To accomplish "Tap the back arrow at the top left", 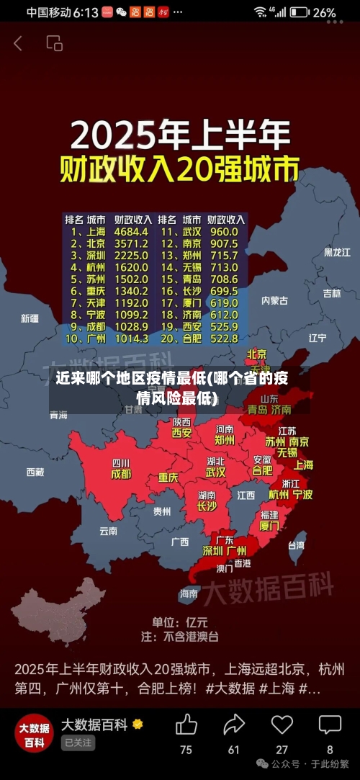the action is pyautogui.click(x=18, y=43).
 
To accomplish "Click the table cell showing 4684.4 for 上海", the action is pyautogui.click(x=130, y=232).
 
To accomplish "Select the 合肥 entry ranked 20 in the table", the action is pyautogui.click(x=192, y=338).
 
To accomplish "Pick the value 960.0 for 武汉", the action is pyautogui.click(x=223, y=232).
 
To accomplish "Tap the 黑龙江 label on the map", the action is pyautogui.click(x=336, y=252).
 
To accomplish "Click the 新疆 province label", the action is pyautogui.click(x=30, y=318).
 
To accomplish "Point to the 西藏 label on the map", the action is pyautogui.click(x=35, y=472).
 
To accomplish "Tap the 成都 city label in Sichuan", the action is pyautogui.click(x=121, y=474).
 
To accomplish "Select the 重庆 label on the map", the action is pyautogui.click(x=168, y=478).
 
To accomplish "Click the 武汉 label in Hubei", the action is pyautogui.click(x=215, y=472).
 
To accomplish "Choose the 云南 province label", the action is pyautogui.click(x=108, y=531).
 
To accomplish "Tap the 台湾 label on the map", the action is pyautogui.click(x=296, y=545).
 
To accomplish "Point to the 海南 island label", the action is pyautogui.click(x=189, y=593).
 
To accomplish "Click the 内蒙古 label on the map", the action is pyautogui.click(x=274, y=300).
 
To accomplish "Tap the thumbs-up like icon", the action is pyautogui.click(x=186, y=724).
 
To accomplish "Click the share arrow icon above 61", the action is pyautogui.click(x=234, y=724).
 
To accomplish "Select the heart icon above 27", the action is pyautogui.click(x=282, y=724).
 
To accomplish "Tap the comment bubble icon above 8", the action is pyautogui.click(x=330, y=724).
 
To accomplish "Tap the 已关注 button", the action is pyautogui.click(x=78, y=743).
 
